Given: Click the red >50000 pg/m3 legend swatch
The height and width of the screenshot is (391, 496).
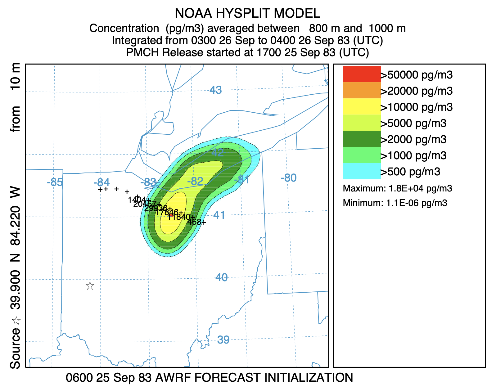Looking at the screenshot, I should (362, 74).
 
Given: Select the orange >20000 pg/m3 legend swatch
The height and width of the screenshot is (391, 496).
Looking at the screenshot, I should (362, 90).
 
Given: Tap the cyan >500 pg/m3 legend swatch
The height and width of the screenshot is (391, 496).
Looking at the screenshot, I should (362, 171).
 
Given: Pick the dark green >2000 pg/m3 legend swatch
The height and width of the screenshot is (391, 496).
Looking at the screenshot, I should (362, 139).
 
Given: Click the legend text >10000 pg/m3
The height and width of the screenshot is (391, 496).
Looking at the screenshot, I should (417, 107).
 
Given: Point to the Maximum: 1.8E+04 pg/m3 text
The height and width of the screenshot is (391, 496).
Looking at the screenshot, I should (397, 188).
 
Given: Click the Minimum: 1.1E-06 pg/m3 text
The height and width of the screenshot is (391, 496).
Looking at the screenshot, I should (395, 203).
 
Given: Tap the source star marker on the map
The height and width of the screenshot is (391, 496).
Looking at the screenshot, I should (90, 286).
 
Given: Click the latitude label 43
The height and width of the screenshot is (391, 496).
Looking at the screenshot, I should (215, 90).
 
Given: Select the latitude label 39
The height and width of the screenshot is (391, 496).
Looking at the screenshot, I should (223, 340).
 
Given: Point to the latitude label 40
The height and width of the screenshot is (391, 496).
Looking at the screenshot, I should (221, 277).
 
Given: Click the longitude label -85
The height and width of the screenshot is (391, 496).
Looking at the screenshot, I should (55, 182).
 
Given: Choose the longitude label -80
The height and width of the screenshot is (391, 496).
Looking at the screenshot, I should (288, 178).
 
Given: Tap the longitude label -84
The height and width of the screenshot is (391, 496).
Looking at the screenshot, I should (101, 182).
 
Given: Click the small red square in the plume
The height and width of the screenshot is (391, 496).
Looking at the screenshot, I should (171, 216).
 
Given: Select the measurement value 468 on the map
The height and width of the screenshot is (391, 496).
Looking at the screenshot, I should (194, 222).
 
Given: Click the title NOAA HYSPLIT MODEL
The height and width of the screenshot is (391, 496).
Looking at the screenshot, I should (247, 13).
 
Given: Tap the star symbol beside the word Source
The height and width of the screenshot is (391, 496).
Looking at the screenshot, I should (16, 321).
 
